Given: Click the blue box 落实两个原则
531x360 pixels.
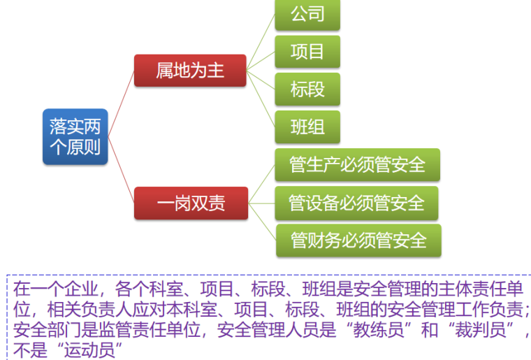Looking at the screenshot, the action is [75, 136].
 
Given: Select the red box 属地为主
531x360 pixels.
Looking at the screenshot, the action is [190, 71].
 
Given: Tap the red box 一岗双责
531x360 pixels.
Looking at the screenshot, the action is [190, 203].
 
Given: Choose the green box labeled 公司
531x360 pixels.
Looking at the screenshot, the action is [307, 15].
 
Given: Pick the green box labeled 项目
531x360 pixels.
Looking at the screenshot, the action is [307, 52].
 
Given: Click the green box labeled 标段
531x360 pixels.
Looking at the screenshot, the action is [307, 89].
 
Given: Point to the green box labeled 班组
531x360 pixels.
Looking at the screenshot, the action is [307, 127].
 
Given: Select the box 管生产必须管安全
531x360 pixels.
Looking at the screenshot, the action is [357, 165].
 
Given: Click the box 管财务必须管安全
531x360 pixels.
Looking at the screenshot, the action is [358, 240].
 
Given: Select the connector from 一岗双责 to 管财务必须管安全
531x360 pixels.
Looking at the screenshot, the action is [262, 222].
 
